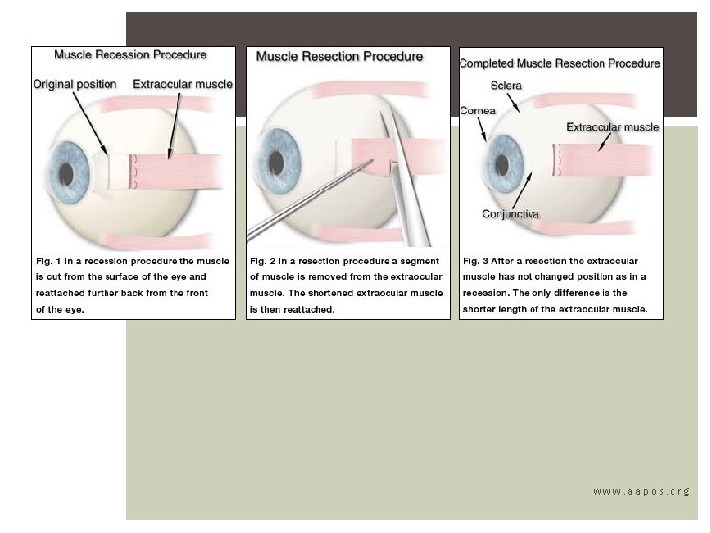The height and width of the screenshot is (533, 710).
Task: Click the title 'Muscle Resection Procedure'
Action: click(x=339, y=56)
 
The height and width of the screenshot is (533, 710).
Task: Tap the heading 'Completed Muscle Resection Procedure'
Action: click(x=560, y=63)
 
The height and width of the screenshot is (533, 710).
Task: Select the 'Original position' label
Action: click(x=75, y=84)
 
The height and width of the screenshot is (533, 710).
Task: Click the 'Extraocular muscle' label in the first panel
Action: click(x=182, y=84)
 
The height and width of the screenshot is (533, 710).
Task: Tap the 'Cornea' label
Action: click(x=476, y=111)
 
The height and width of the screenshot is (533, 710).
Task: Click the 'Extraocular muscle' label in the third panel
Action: click(x=612, y=127)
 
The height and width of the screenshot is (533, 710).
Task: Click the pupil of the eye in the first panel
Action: click(x=66, y=173)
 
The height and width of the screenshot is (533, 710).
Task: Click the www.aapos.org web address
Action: click(x=641, y=491)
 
